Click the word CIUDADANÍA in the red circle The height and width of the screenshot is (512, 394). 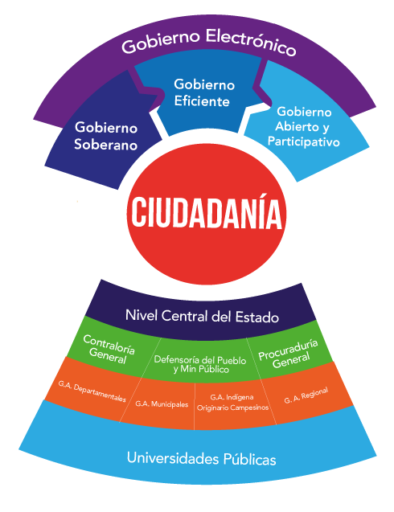pyautogui.click(x=206, y=211)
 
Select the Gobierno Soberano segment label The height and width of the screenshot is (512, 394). pyautogui.click(x=105, y=136)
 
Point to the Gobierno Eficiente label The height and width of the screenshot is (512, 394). pyautogui.click(x=204, y=92)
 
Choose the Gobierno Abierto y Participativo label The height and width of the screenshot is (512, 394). pyautogui.click(x=303, y=127)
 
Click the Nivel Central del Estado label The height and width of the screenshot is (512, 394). pyautogui.click(x=202, y=316)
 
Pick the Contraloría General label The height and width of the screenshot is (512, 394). pyautogui.click(x=109, y=349)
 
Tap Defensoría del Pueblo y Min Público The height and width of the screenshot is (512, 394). pyautogui.click(x=200, y=364)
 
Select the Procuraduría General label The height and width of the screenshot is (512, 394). pyautogui.click(x=289, y=354)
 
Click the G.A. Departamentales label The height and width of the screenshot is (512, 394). pyautogui.click(x=92, y=391)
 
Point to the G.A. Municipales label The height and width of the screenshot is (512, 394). pyautogui.click(x=162, y=404)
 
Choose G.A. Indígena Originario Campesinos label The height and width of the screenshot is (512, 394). pyautogui.click(x=232, y=402)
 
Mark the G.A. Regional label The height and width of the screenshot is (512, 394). pyautogui.click(x=306, y=395)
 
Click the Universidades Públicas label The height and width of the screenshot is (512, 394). pyautogui.click(x=201, y=458)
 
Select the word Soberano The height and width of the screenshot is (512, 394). pyautogui.click(x=105, y=145)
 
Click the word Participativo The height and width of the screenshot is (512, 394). pyautogui.click(x=303, y=141)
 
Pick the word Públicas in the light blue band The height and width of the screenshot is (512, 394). pyautogui.click(x=249, y=459)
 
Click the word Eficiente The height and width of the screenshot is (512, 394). pyautogui.click(x=202, y=101)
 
